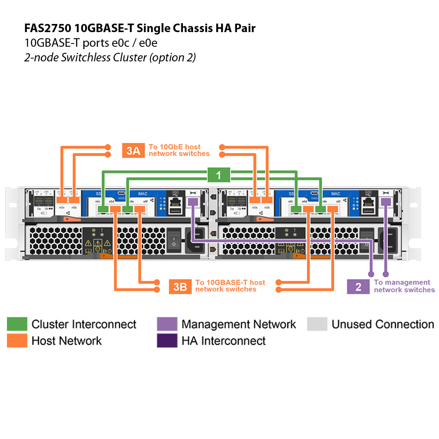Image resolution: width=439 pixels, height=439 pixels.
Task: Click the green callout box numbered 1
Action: click(x=218, y=175)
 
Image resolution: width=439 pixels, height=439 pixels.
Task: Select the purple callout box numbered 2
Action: click(x=358, y=287)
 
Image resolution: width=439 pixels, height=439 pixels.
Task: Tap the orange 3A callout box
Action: click(x=133, y=150)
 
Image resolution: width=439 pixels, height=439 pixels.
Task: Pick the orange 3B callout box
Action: click(x=180, y=287)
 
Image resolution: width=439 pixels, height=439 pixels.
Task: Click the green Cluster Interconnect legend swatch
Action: click(x=17, y=324)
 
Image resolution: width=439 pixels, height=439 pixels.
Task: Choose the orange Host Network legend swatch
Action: click(x=17, y=341)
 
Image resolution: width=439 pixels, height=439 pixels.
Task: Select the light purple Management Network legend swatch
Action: click(x=167, y=324)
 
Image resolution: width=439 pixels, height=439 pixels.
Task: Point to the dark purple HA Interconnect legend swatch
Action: click(x=167, y=341)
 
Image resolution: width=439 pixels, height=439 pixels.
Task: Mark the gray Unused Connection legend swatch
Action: click(x=317, y=324)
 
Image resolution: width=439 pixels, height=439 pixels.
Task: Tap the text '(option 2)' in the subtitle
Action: click(x=172, y=57)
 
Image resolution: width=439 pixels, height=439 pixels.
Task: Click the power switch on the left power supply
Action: click(x=174, y=239)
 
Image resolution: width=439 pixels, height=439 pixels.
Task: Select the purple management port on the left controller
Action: click(x=193, y=202)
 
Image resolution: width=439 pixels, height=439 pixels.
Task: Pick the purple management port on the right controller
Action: click(x=386, y=202)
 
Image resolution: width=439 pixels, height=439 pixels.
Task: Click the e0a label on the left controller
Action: click(x=61, y=208)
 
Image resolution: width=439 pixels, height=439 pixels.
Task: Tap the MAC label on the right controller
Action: click(x=336, y=194)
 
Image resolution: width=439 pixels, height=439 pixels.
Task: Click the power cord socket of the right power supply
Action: click(x=389, y=240)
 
